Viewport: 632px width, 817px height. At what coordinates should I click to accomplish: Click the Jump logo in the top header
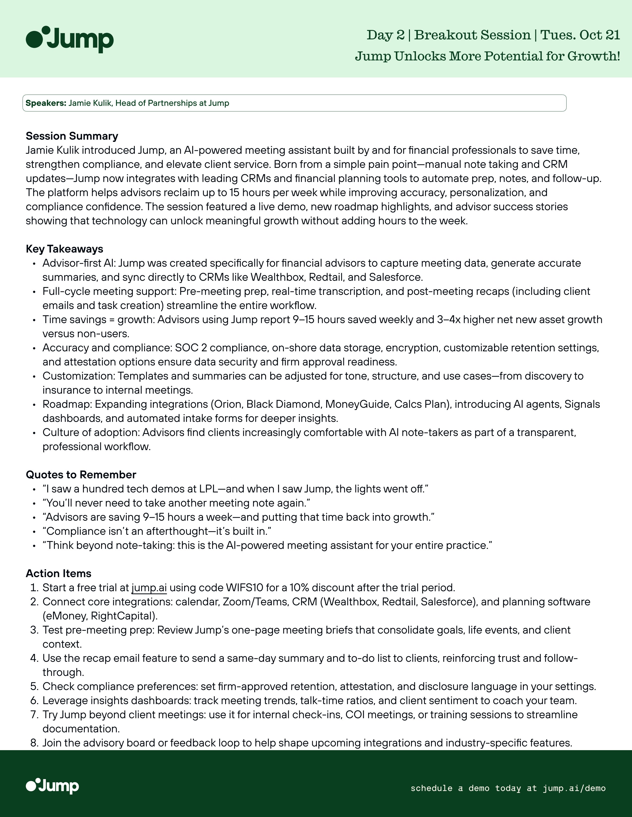click(x=70, y=39)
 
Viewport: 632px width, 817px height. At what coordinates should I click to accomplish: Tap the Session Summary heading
click(x=72, y=136)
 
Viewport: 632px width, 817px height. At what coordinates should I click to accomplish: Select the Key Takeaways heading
click(x=64, y=249)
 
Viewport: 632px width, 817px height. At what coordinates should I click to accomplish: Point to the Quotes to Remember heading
click(x=81, y=475)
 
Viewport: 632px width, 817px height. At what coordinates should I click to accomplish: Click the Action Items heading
click(x=58, y=573)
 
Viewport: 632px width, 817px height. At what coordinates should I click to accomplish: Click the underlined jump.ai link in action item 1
click(x=149, y=588)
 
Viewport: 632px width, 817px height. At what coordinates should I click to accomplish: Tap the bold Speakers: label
click(x=46, y=103)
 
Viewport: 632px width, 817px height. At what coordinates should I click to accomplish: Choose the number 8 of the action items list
click(x=34, y=743)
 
